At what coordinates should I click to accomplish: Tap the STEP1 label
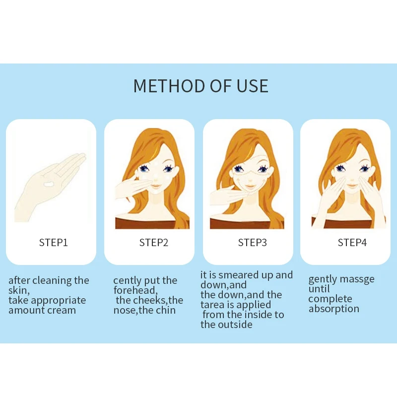53,243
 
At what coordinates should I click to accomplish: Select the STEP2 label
154,243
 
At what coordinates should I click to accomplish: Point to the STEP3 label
253,243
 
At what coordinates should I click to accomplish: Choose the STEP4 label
352,243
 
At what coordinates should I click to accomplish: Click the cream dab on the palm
49,185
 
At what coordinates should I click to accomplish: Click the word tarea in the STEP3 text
214,305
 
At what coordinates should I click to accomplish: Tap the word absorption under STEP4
333,309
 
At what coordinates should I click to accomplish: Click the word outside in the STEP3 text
235,325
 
